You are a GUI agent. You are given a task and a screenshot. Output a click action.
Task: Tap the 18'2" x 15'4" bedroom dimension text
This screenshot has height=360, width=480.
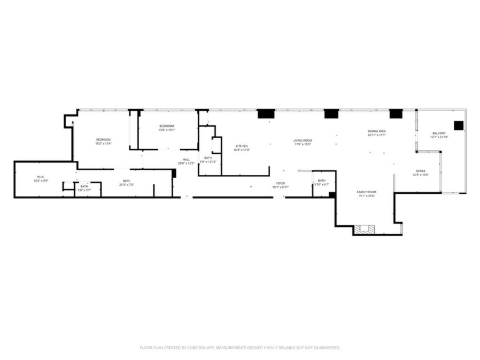point(103,143)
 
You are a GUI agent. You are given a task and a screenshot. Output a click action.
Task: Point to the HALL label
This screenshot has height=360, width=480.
point(186,159)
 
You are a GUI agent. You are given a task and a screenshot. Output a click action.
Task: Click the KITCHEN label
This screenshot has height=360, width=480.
point(242,146)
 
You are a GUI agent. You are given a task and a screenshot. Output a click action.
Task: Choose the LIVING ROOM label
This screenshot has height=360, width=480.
point(302,140)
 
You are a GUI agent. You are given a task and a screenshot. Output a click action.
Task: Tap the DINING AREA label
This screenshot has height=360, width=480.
point(377,131)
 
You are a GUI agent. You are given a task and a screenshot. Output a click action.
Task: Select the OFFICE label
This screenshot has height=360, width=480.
point(421,171)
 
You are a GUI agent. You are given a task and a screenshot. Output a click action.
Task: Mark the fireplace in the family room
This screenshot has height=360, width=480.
point(365,229)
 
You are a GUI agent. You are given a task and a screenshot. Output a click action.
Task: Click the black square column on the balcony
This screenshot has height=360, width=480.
point(458,126)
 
